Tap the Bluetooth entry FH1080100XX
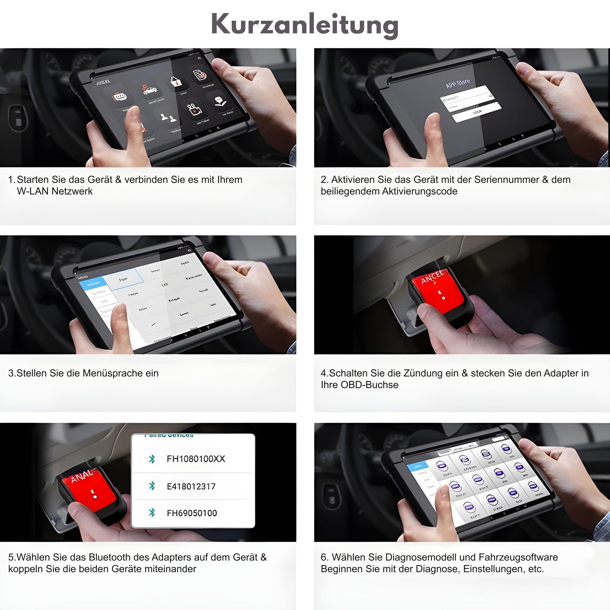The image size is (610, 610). click(x=196, y=459)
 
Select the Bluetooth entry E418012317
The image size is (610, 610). click(x=191, y=486)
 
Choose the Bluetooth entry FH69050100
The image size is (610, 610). click(x=192, y=513)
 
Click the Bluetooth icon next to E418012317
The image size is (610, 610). click(x=152, y=486)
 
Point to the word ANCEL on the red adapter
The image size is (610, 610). click(x=433, y=277)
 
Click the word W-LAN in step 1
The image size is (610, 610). click(x=33, y=191)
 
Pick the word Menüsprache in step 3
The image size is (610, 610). click(x=112, y=373)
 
